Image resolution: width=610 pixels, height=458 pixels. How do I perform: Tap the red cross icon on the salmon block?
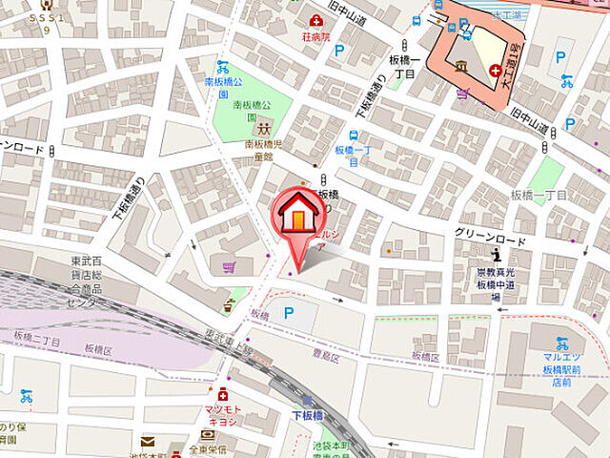click(496, 71)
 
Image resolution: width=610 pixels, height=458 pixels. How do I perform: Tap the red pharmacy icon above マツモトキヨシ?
click(222, 394)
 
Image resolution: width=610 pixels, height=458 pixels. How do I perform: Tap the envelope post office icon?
click(148, 441)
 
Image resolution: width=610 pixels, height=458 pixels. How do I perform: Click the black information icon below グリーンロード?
click(497, 254)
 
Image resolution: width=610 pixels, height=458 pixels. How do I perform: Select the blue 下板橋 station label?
click(309, 415)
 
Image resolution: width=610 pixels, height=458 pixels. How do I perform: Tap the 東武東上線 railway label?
click(228, 340)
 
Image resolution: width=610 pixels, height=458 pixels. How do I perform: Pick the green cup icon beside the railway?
click(229, 306)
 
